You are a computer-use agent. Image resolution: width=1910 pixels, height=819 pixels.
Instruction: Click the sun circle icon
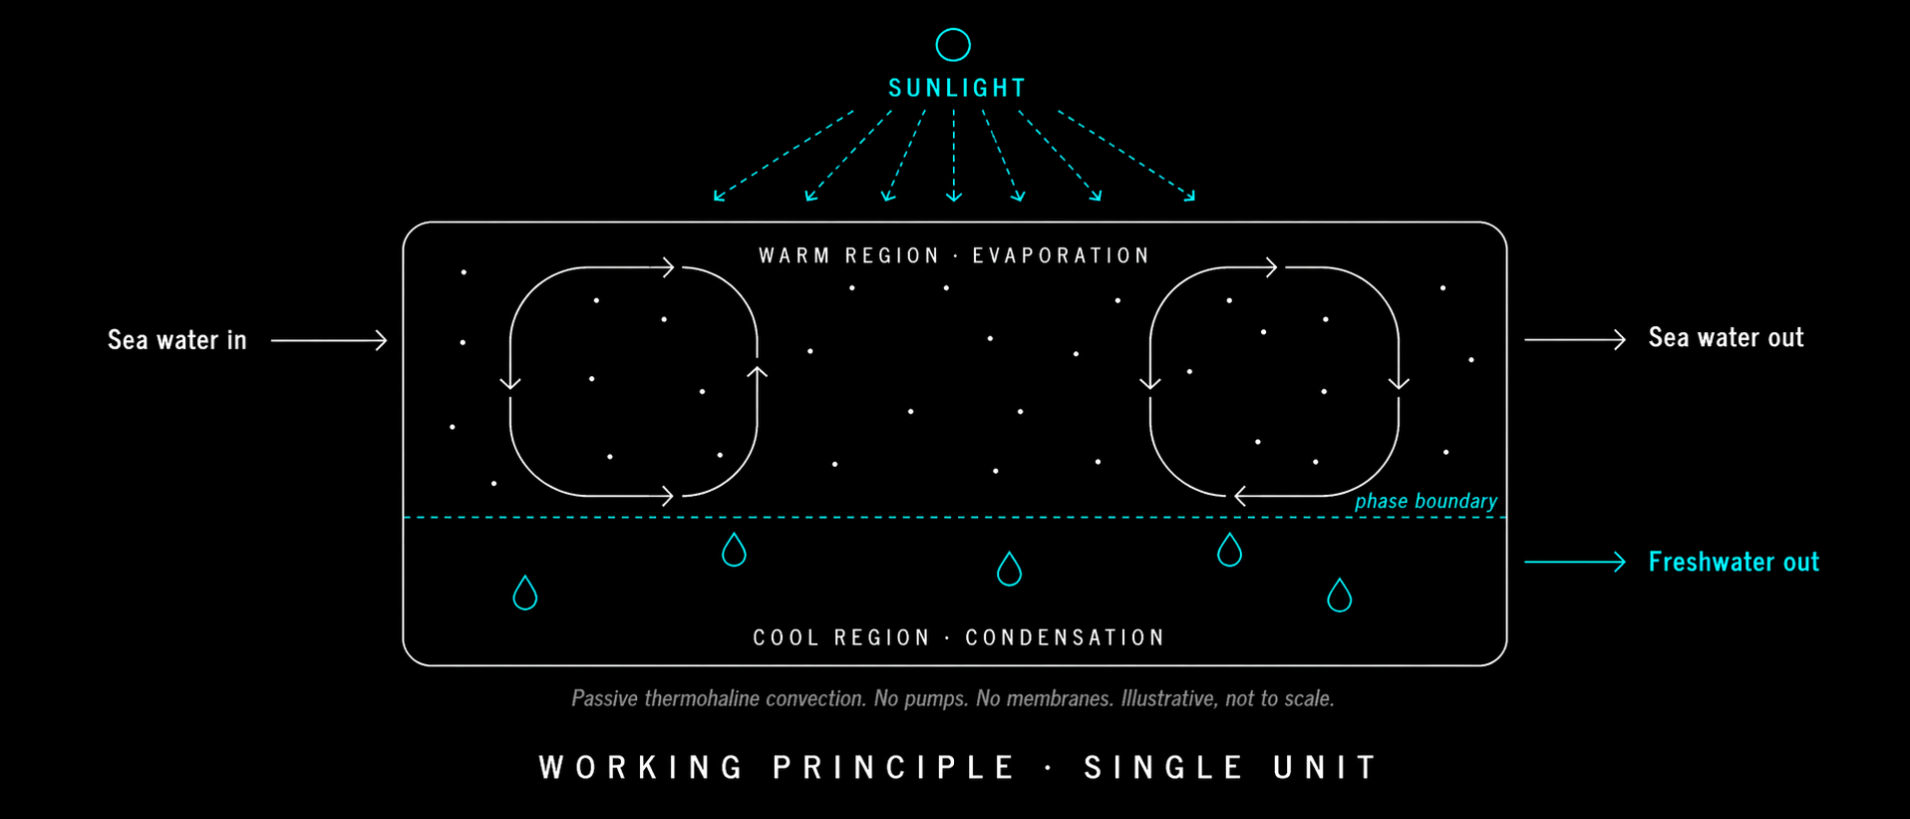[x=953, y=45]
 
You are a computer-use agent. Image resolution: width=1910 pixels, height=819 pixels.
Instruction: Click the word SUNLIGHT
[x=957, y=88]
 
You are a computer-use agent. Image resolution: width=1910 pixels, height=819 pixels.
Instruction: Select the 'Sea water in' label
[x=177, y=340]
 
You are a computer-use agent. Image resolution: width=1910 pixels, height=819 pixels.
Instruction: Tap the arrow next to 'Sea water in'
[x=329, y=340]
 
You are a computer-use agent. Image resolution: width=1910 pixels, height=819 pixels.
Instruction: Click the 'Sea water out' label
[x=1726, y=338]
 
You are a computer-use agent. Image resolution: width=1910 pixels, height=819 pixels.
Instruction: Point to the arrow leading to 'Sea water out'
[x=1575, y=340]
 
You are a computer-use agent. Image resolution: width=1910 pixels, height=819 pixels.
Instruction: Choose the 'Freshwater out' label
[x=1734, y=562]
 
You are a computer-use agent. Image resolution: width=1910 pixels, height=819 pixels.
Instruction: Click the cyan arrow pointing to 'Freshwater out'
[x=1575, y=562]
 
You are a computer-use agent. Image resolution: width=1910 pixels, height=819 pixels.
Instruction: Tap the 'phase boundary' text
[x=1426, y=501]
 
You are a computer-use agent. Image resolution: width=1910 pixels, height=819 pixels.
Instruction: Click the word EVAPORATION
[x=1062, y=255]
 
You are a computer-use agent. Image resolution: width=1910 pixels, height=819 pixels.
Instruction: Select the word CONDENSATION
[x=1065, y=637]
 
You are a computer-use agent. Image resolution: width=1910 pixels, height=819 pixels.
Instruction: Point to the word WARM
[x=795, y=255]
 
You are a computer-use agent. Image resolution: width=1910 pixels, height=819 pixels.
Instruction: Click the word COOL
[x=787, y=637]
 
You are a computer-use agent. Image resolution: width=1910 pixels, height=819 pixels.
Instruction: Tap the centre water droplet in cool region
[x=1009, y=570]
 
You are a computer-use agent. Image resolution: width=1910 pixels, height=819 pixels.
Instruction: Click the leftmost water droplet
[x=524, y=593]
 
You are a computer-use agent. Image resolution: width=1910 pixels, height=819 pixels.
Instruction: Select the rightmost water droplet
[x=1339, y=596]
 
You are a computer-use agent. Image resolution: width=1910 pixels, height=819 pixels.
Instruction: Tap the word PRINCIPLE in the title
[x=894, y=767]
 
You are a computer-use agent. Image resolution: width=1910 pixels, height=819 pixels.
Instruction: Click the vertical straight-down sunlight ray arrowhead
[x=954, y=196]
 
